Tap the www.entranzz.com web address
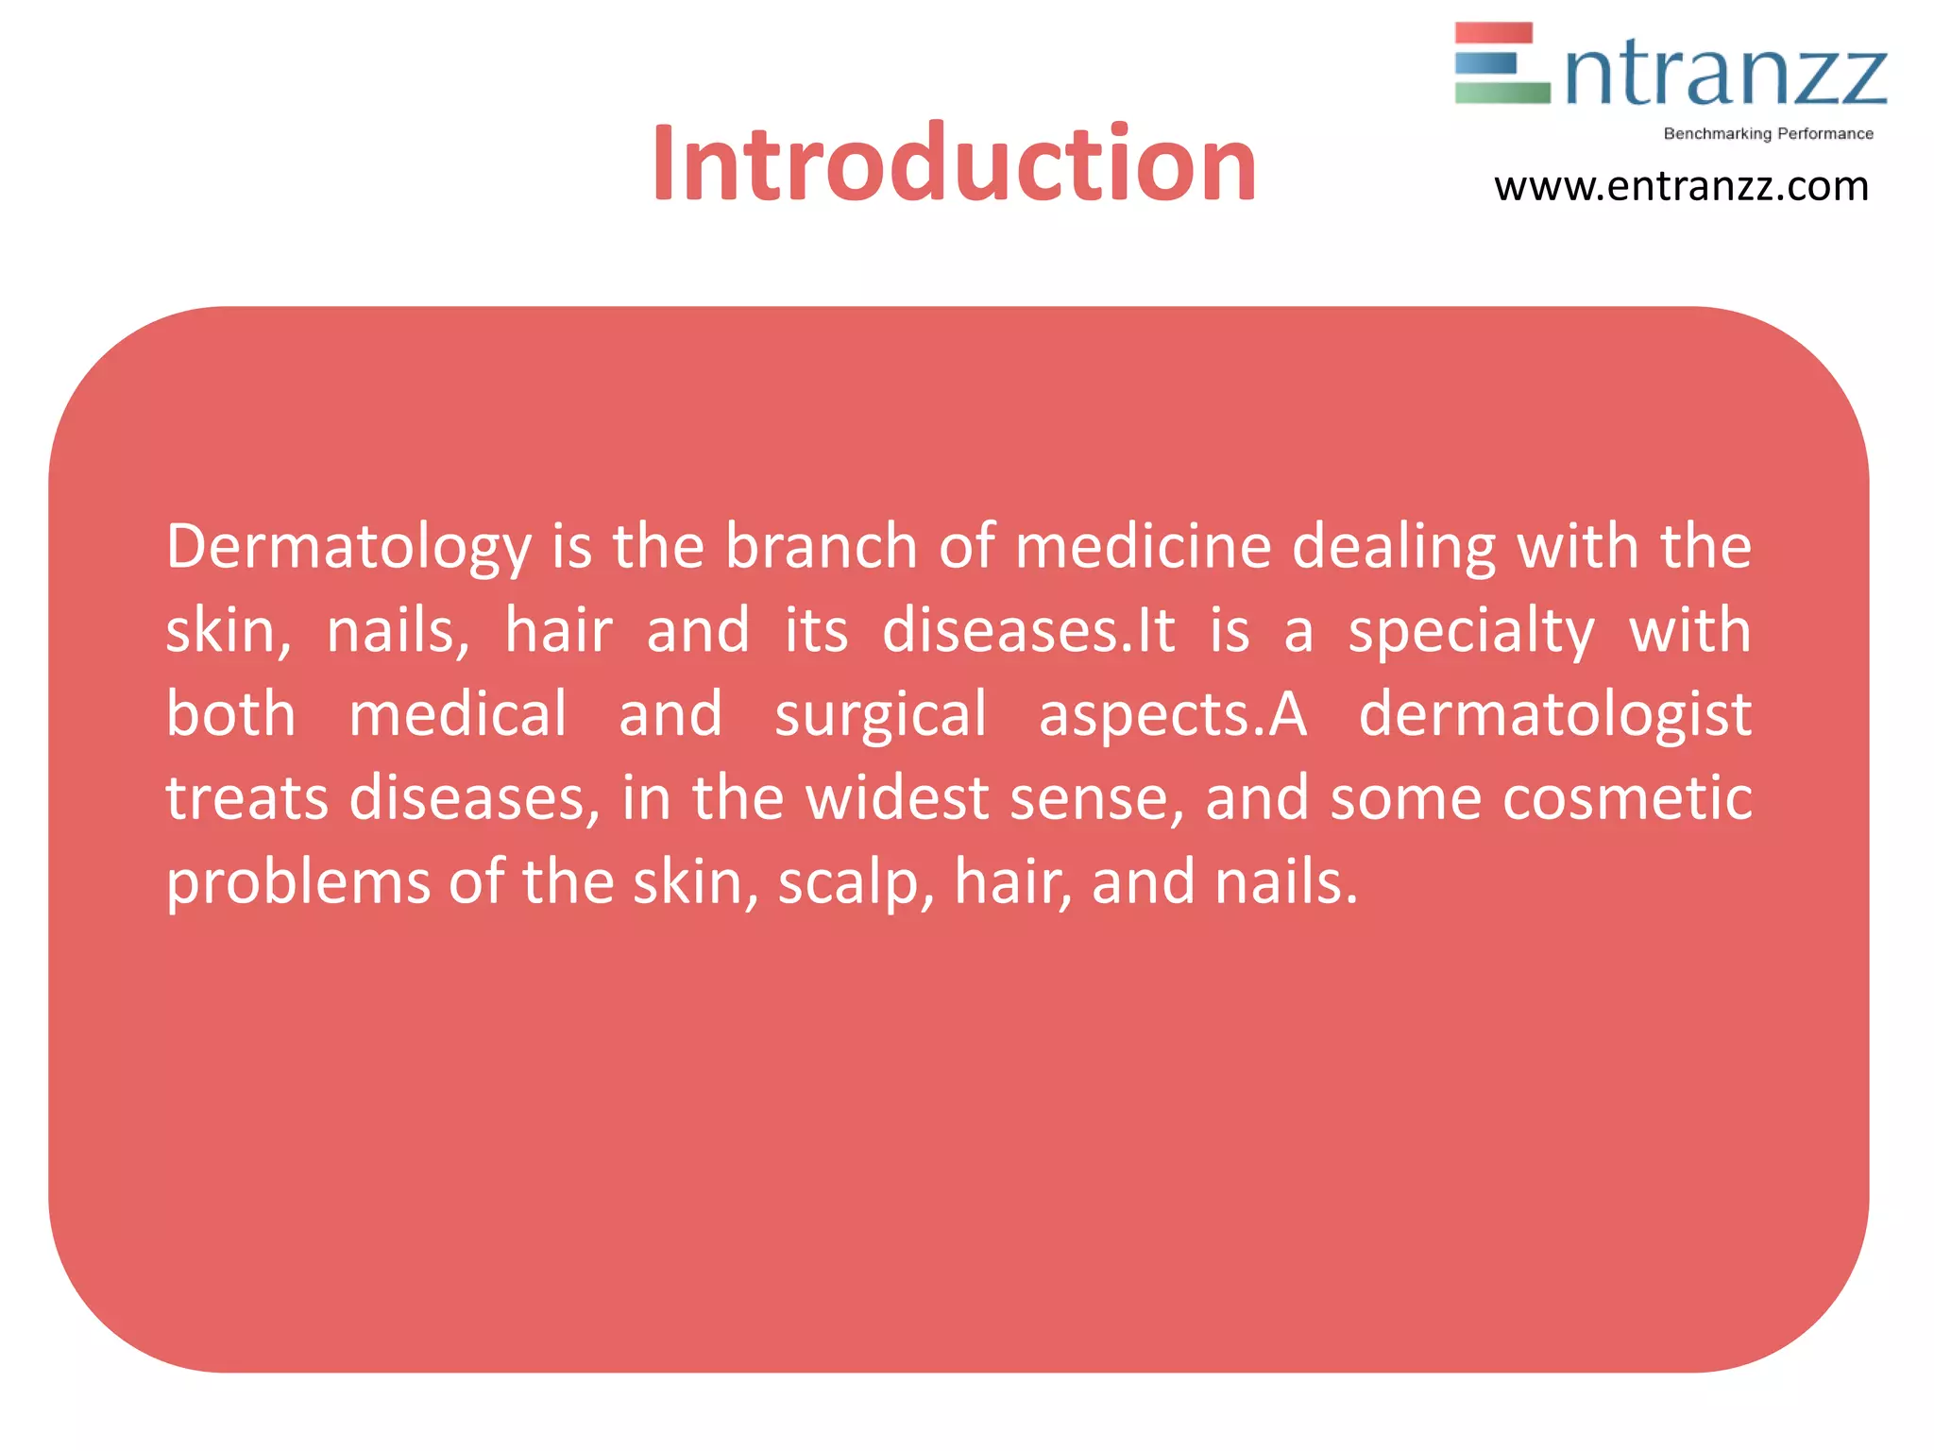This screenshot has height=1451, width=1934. [x=1681, y=187]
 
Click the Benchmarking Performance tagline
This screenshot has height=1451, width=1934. [x=1768, y=134]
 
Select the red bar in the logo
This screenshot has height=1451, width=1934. [x=1493, y=34]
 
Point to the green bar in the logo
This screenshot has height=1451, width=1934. [x=1501, y=93]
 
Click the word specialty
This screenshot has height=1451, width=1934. [x=1471, y=631]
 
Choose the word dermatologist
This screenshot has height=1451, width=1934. [x=1554, y=714]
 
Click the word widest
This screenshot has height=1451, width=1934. [x=896, y=798]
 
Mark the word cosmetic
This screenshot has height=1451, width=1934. [x=1627, y=798]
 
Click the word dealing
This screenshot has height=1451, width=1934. [x=1394, y=548]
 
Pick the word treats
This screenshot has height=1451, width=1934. [x=247, y=798]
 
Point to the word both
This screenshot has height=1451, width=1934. [x=231, y=714]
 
